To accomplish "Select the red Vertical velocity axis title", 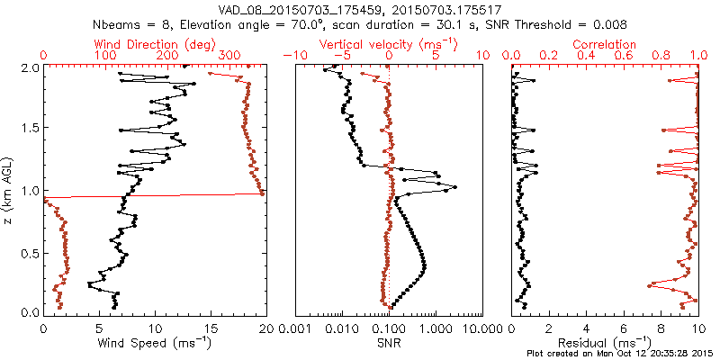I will (388, 44).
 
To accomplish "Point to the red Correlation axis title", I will (605, 44).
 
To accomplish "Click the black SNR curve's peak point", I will (455, 187).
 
